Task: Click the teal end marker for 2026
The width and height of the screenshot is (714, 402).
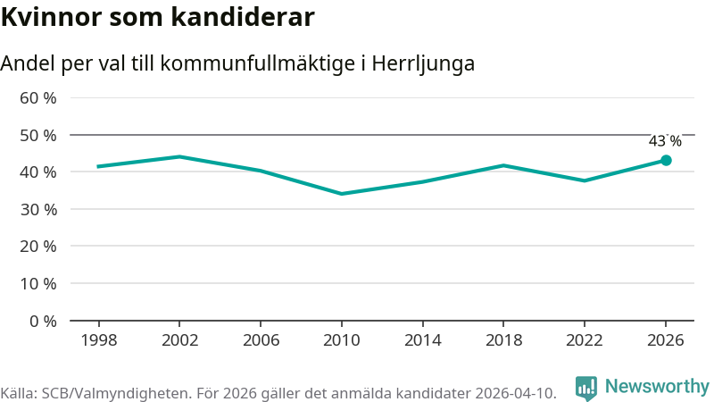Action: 666,161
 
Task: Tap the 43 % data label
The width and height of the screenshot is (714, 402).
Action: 665,141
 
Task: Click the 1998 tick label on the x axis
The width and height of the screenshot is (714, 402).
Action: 99,340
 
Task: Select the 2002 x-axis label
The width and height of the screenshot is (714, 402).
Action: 180,340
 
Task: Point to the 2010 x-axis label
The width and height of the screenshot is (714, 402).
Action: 342,340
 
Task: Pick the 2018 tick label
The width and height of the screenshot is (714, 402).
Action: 503,340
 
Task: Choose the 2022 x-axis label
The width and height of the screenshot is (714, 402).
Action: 585,340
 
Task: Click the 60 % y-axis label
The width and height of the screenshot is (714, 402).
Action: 37,98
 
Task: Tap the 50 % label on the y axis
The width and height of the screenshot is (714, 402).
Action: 37,136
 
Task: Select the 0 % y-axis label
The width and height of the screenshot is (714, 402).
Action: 43,322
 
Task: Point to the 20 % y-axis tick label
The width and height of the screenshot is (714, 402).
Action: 37,247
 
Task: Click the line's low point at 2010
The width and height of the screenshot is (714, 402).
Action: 342,194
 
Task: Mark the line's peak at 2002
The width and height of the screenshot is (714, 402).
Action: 180,157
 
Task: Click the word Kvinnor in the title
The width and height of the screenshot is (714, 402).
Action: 51,17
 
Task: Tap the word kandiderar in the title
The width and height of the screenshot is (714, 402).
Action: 243,17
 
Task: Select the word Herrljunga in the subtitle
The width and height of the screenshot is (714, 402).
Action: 423,63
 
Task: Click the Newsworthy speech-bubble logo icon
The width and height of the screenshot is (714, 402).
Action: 586,389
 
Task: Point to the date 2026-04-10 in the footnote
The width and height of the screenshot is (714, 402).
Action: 516,393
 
